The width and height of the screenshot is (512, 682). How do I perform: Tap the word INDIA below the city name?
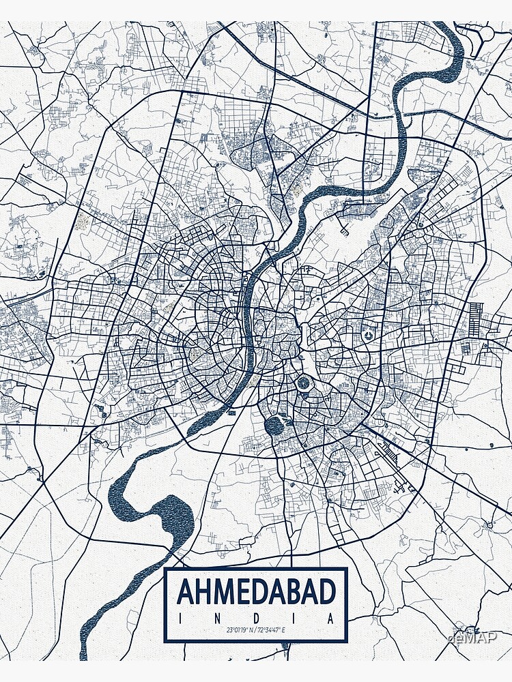(x=256, y=618)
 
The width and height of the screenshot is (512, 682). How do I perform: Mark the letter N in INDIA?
(x=217, y=618)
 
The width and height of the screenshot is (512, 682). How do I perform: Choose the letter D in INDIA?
(x=256, y=618)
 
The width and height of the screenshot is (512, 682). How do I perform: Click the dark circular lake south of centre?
(x=274, y=425)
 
